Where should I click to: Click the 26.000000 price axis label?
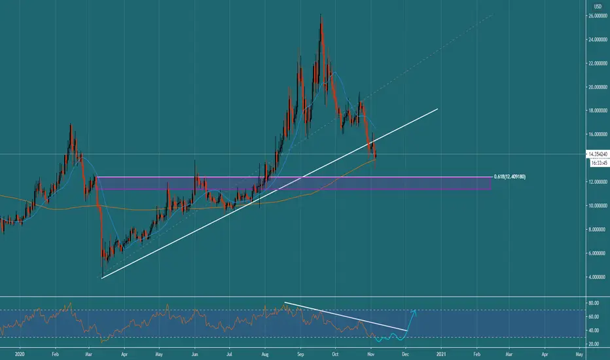click(598, 16)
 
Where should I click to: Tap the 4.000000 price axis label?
click(599, 277)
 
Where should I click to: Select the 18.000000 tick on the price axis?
click(598, 111)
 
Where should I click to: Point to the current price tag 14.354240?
click(598, 154)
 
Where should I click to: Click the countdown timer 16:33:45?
click(599, 163)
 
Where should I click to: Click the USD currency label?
click(598, 7)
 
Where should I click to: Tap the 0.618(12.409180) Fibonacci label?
click(510, 177)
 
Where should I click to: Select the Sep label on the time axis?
click(300, 354)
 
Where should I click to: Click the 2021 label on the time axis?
click(441, 354)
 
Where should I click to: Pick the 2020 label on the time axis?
click(20, 354)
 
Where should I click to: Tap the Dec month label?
click(405, 354)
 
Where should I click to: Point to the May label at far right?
click(579, 354)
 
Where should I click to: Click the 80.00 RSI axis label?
click(594, 303)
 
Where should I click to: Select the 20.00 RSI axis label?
click(594, 344)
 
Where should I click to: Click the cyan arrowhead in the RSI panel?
click(414, 312)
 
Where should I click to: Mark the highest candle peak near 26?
click(321, 15)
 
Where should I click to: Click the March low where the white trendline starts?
click(102, 278)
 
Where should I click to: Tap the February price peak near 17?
click(71, 124)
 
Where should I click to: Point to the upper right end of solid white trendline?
click(438, 109)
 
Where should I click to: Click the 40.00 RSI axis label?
click(594, 331)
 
